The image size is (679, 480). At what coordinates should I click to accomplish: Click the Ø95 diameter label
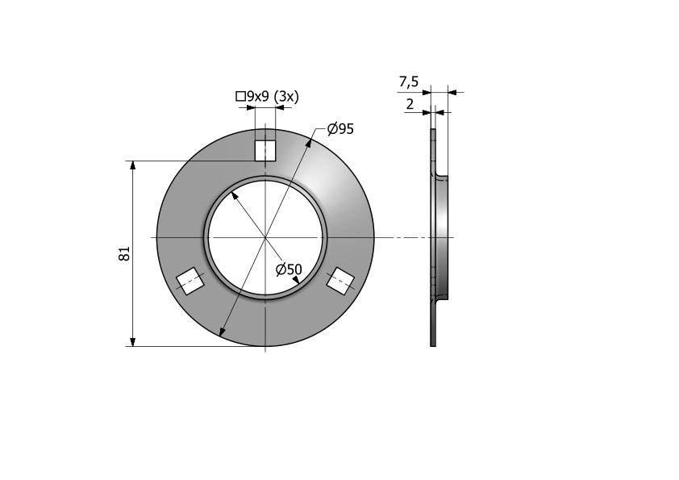tap(340, 128)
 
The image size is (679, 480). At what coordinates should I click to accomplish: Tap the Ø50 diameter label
tap(289, 269)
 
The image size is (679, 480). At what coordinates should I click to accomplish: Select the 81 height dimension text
tap(124, 253)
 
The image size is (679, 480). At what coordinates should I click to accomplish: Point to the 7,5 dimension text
tap(409, 81)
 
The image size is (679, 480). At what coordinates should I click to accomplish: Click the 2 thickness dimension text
tap(410, 104)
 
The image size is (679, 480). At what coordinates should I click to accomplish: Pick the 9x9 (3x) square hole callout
tap(268, 96)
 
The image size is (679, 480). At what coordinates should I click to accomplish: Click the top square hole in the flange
tap(265, 151)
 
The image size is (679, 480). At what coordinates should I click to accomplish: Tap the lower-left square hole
tap(190, 282)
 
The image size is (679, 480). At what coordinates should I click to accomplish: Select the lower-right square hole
tap(340, 282)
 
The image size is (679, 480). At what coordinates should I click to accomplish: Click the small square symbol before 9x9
tap(240, 96)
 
